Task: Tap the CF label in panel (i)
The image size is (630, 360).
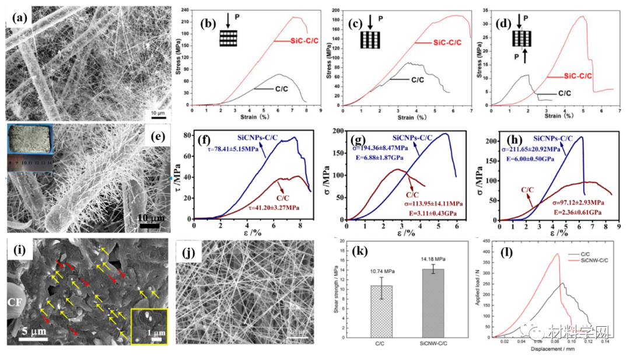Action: (16, 301)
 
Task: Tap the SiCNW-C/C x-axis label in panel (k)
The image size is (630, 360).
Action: (433, 344)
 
